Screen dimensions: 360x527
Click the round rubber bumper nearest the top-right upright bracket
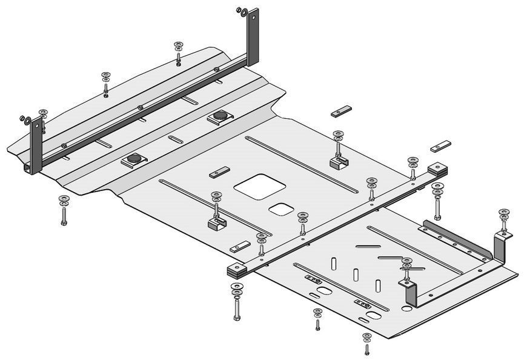(219, 116)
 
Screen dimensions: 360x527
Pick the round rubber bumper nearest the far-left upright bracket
(134, 159)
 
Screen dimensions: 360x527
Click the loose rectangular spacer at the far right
(440, 146)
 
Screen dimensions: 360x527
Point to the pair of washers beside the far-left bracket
(25, 118)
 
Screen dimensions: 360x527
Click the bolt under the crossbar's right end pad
(437, 207)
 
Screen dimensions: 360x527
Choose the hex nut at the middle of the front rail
(141, 107)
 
